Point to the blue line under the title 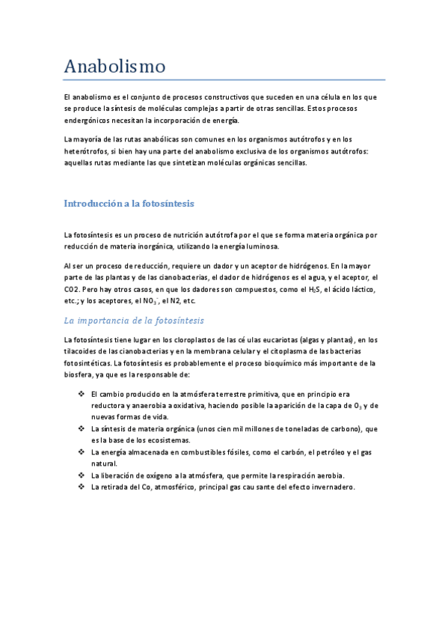coord(224,79)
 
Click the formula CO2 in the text coord(73,289)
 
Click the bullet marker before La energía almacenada coord(81,452)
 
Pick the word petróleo coord(309,452)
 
